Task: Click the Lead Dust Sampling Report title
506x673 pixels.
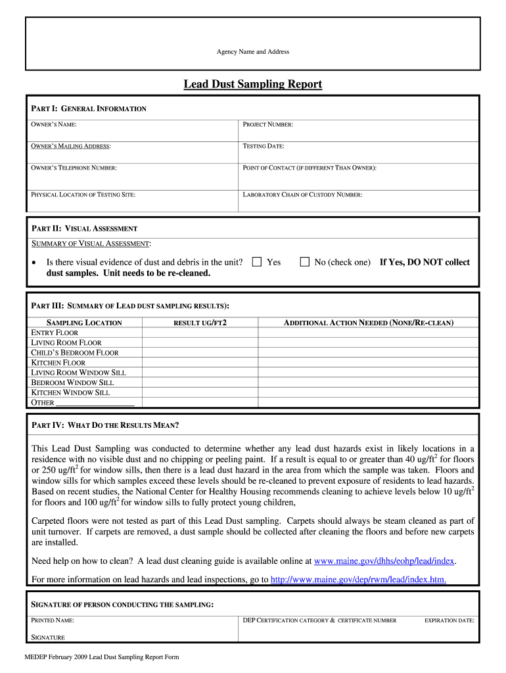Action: [x=252, y=84]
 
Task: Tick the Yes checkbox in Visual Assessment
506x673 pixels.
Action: [x=257, y=262]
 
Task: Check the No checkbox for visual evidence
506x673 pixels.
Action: [x=304, y=262]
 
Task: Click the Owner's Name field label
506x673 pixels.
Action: [x=54, y=124]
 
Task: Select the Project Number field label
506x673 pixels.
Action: [x=267, y=124]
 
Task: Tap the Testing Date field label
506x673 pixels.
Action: [x=264, y=146]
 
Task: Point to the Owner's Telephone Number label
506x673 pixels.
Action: [x=74, y=168]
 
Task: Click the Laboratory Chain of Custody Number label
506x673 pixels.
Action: [x=302, y=195]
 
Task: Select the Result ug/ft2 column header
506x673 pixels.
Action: [x=200, y=323]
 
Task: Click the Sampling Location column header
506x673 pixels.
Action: [x=84, y=323]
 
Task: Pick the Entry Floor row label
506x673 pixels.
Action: [x=55, y=333]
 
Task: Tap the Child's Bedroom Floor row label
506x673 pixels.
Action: [x=75, y=353]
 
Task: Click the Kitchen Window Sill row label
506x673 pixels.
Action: [x=71, y=392]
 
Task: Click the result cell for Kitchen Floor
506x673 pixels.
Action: [x=200, y=363]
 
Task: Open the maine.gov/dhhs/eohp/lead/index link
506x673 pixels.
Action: [x=384, y=561]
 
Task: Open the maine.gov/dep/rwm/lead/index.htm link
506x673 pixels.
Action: [x=359, y=580]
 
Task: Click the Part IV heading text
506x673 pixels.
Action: [x=105, y=425]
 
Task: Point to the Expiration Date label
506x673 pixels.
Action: [x=449, y=620]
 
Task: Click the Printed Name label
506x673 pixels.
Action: [x=53, y=620]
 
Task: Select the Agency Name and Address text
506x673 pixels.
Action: [x=253, y=52]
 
